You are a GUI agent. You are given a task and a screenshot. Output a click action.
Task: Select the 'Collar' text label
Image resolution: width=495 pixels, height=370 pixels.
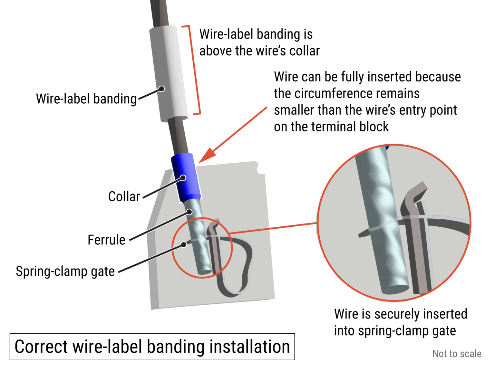tap(124, 196)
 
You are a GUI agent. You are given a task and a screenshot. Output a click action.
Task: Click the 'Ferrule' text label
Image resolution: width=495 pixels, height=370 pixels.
tap(106, 240)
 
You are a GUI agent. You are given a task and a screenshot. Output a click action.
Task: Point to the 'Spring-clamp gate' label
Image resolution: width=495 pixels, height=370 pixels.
tap(65, 271)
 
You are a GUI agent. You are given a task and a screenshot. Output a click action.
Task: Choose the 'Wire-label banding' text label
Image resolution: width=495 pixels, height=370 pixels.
tap(86, 99)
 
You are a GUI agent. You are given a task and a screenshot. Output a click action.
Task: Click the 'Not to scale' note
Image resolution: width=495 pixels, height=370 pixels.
tap(457, 354)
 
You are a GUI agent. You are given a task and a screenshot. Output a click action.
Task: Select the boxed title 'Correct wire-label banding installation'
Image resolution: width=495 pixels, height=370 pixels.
tap(152, 347)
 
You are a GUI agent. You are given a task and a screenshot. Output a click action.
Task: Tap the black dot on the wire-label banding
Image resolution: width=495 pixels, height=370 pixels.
tap(162, 89)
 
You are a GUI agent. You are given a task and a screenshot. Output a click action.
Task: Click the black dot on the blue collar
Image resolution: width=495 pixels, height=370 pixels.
tap(183, 178)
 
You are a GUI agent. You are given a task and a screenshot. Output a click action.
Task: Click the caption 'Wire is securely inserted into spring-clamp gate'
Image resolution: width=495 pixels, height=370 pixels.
tap(400, 322)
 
